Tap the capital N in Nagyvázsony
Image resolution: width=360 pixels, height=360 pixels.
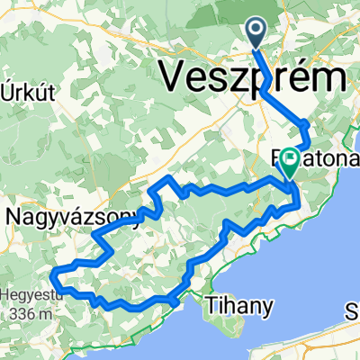click(14, 216)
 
